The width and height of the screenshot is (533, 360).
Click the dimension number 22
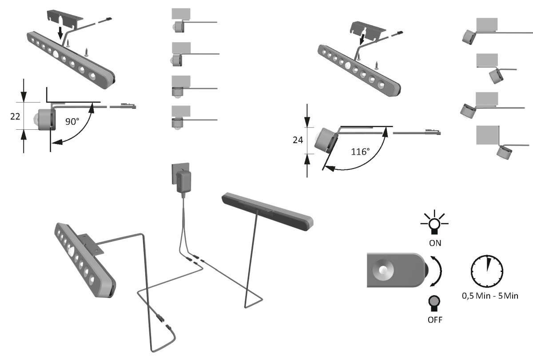tap(15, 116)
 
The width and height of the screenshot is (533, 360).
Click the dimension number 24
tap(298, 140)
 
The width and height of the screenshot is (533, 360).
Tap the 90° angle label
tap(72, 122)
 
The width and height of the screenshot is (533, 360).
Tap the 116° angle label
tap(360, 152)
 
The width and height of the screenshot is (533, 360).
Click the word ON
tap(434, 243)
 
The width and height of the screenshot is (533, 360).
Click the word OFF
tap(434, 320)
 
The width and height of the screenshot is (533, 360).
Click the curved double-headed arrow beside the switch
tap(439, 271)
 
